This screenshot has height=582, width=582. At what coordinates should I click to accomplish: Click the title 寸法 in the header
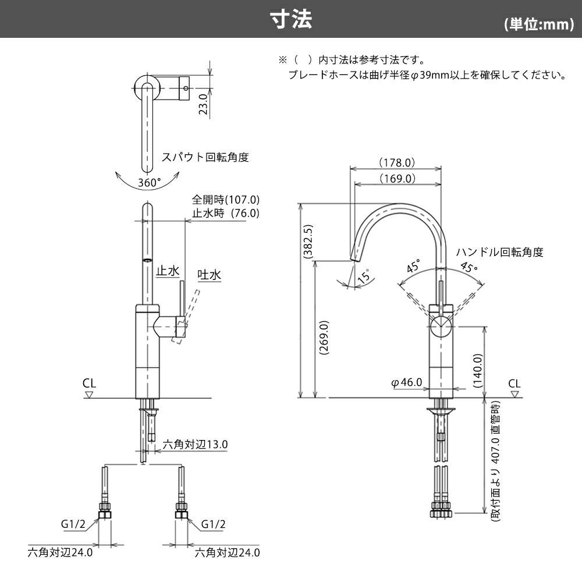tap(291, 19)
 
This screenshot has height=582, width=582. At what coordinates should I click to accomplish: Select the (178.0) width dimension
tap(396, 162)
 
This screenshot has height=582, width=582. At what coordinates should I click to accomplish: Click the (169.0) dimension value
tap(396, 179)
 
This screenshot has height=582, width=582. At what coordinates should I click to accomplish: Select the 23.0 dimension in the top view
tap(203, 105)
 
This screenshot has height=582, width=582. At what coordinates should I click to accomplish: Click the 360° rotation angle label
tap(150, 182)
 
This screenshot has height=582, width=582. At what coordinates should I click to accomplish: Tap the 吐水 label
tap(210, 274)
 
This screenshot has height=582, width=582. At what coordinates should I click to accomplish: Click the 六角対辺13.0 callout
tap(195, 445)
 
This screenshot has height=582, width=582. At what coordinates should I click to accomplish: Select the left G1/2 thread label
tap(74, 524)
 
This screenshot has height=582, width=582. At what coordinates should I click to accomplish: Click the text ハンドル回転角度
tap(499, 252)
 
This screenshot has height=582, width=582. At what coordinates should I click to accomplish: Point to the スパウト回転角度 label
tap(205, 157)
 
